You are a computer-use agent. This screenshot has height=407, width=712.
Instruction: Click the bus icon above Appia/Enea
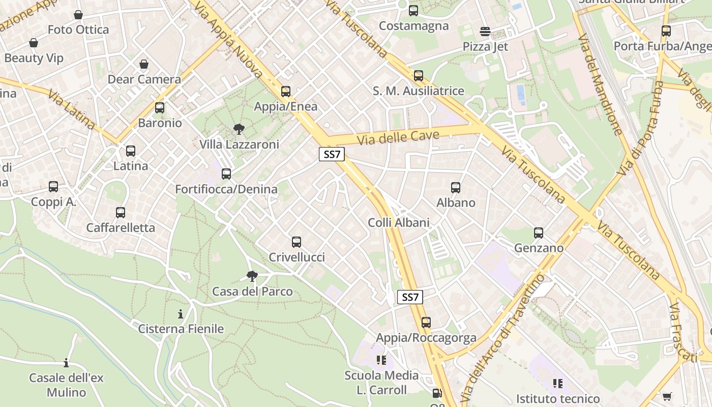286,92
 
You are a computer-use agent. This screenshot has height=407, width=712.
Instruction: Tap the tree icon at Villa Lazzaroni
239,129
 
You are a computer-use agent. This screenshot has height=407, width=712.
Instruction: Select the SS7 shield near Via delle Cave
332,155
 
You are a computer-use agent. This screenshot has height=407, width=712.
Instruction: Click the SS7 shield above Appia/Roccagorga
410,297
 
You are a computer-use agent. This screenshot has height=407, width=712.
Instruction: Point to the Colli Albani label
399,222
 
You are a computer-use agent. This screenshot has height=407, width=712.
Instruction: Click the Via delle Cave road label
398,137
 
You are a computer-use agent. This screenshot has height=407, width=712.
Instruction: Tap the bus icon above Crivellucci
296,242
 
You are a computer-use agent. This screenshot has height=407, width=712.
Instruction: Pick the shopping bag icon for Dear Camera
144,64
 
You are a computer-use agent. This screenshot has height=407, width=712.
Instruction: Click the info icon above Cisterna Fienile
181,314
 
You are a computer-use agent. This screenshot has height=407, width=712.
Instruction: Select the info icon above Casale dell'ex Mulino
66,363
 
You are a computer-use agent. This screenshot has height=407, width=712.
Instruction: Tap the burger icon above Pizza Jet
485,32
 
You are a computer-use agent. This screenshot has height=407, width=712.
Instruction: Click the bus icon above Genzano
539,233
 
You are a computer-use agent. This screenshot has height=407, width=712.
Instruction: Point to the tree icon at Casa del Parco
252,276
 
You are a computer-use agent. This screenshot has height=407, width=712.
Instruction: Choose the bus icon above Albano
456,187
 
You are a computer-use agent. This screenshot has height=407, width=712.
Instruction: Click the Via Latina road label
72,109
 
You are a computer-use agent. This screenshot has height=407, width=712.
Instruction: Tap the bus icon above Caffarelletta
121,213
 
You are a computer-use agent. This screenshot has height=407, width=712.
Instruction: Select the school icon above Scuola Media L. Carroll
381,361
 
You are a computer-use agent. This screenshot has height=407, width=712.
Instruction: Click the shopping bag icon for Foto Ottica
78,15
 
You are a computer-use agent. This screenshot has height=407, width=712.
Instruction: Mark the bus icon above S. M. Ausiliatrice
418,76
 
